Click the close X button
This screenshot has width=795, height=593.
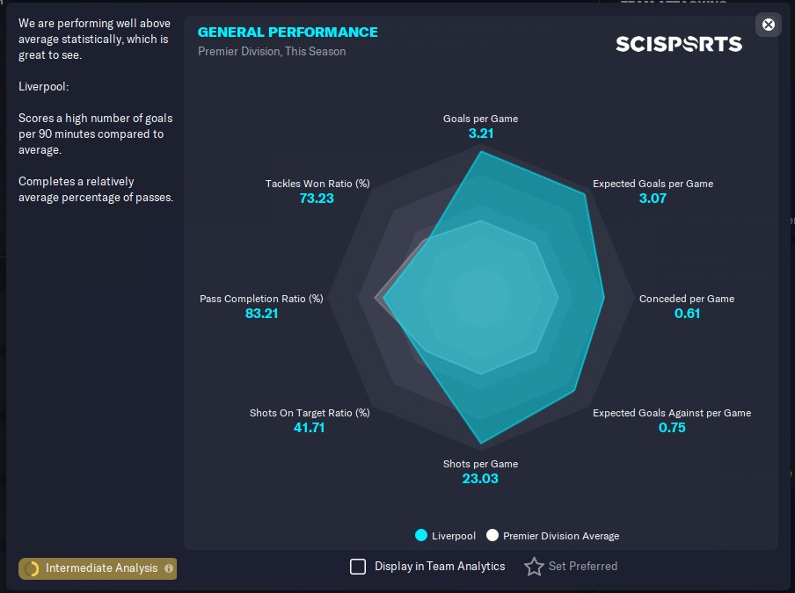tap(768, 25)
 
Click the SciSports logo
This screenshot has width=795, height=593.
tap(679, 44)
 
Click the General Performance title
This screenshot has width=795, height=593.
tap(288, 32)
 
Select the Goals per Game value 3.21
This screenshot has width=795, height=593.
tap(481, 134)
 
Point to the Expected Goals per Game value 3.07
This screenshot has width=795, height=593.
tap(653, 198)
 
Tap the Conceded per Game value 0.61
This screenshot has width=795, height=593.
tap(687, 314)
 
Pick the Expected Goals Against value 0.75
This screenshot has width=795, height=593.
tap(672, 428)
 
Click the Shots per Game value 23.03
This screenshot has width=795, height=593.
tap(480, 479)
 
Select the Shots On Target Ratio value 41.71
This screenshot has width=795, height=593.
tap(309, 428)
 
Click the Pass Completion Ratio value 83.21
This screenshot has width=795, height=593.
tap(261, 314)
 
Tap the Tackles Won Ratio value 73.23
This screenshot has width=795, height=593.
tap(317, 198)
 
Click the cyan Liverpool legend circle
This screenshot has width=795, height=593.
tap(421, 535)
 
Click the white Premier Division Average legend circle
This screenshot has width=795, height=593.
tap(492, 535)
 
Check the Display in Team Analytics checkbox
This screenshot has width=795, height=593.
tap(358, 566)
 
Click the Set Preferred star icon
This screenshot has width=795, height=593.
tap(534, 566)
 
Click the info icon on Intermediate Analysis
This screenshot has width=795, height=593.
tap(169, 568)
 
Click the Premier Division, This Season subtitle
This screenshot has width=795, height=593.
tap(272, 52)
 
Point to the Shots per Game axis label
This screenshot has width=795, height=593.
tap(481, 464)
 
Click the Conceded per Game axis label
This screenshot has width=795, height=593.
tap(687, 299)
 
